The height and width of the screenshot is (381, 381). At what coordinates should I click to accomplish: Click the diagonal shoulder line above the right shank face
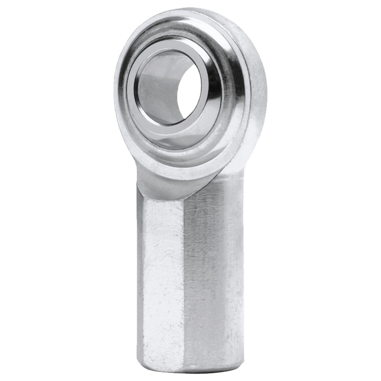pos(210,184)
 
